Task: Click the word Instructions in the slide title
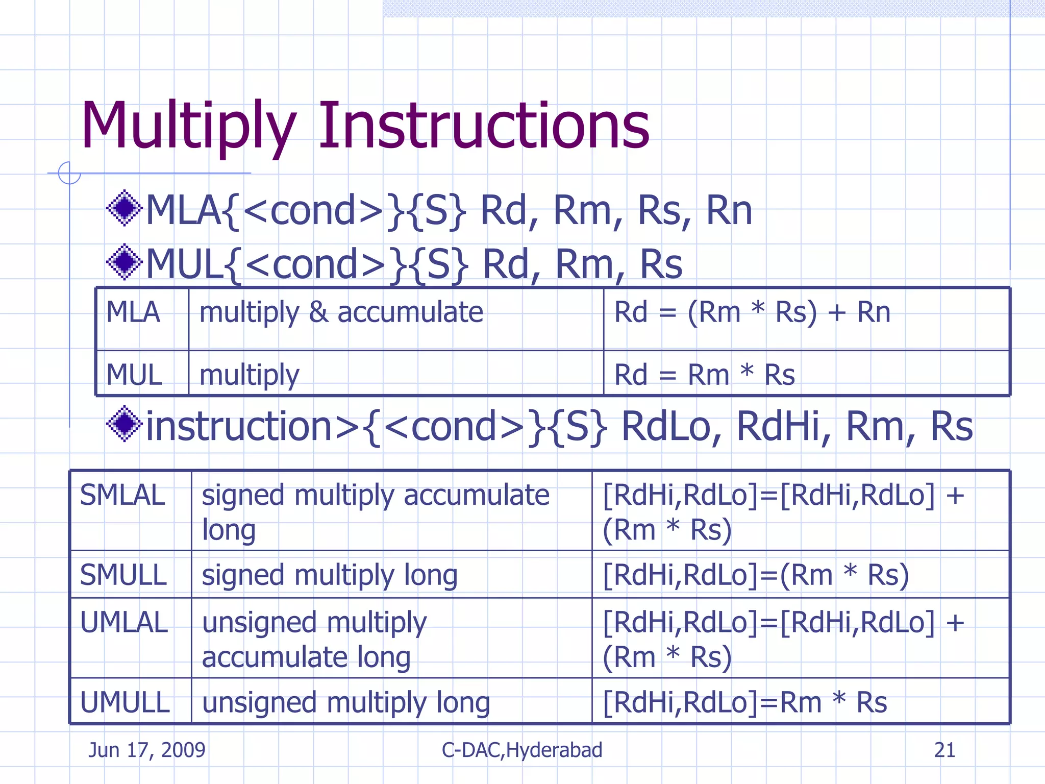tap(484, 126)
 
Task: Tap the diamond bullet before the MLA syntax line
tap(124, 208)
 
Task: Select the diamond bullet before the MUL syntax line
tap(124, 262)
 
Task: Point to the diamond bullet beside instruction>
tap(124, 424)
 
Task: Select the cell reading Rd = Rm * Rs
tap(704, 375)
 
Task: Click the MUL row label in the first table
tap(134, 375)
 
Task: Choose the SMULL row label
tap(123, 575)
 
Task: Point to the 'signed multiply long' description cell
tap(330, 575)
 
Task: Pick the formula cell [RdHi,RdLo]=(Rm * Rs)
tap(756, 575)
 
